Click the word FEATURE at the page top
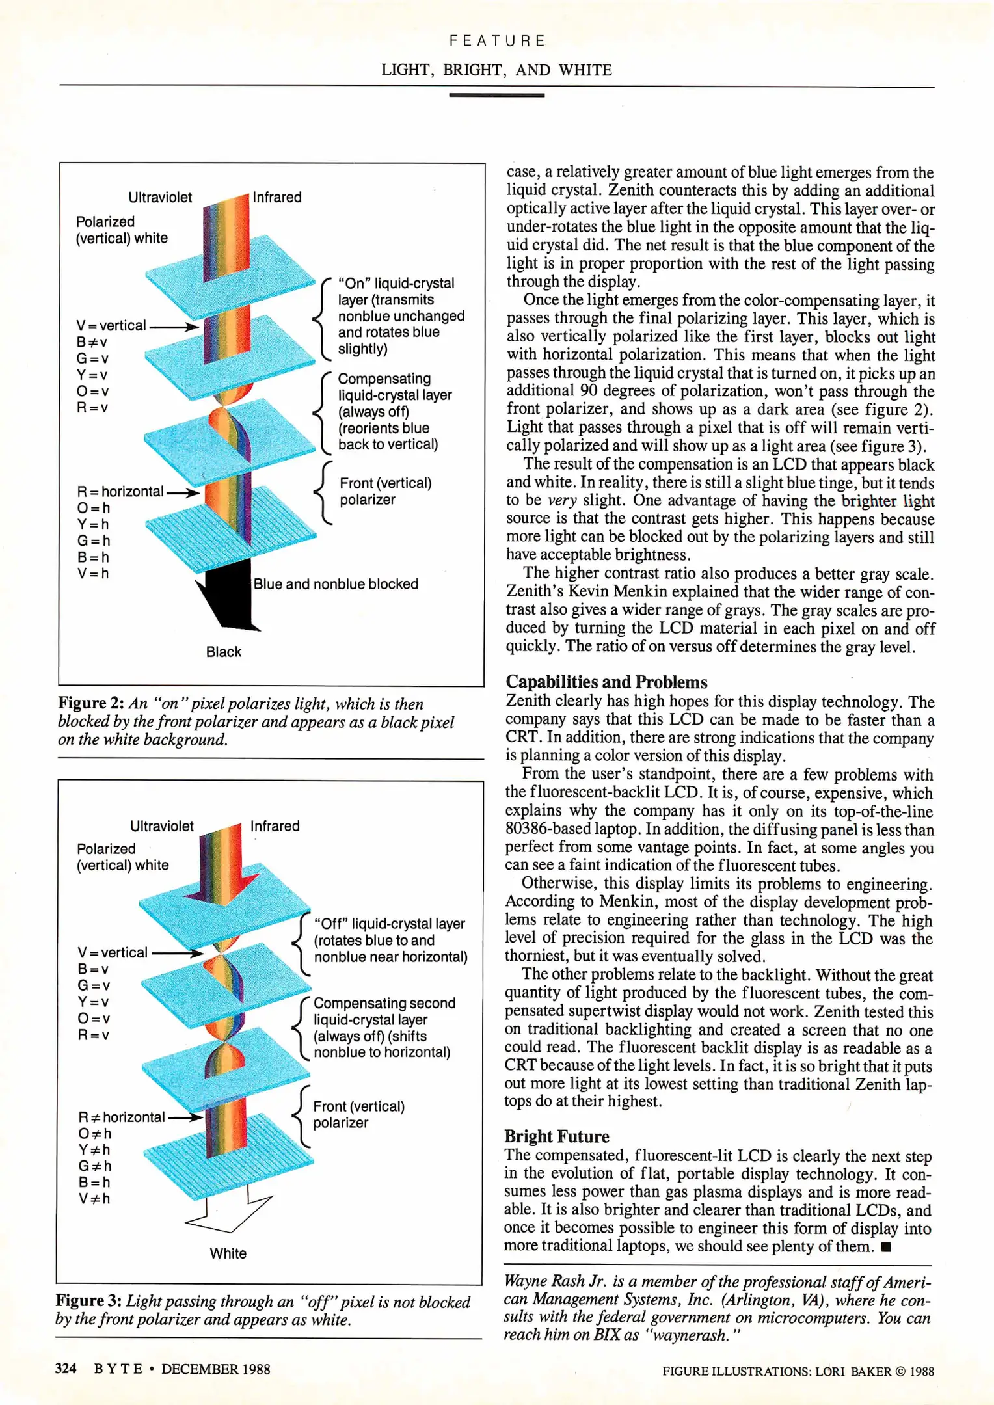[497, 41]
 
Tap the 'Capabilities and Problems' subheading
[606, 682]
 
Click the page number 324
[66, 1369]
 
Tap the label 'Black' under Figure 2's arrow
[223, 652]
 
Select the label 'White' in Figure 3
[228, 1253]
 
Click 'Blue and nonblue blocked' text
[336, 584]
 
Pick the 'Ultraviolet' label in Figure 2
[160, 197]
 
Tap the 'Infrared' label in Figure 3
[275, 826]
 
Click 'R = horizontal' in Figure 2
[120, 492]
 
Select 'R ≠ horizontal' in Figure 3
[122, 1117]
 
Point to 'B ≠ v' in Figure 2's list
[92, 342]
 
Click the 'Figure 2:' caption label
[91, 703]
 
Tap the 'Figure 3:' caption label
[88, 1300]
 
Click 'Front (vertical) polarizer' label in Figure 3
[358, 1114]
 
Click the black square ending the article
[885, 1247]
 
